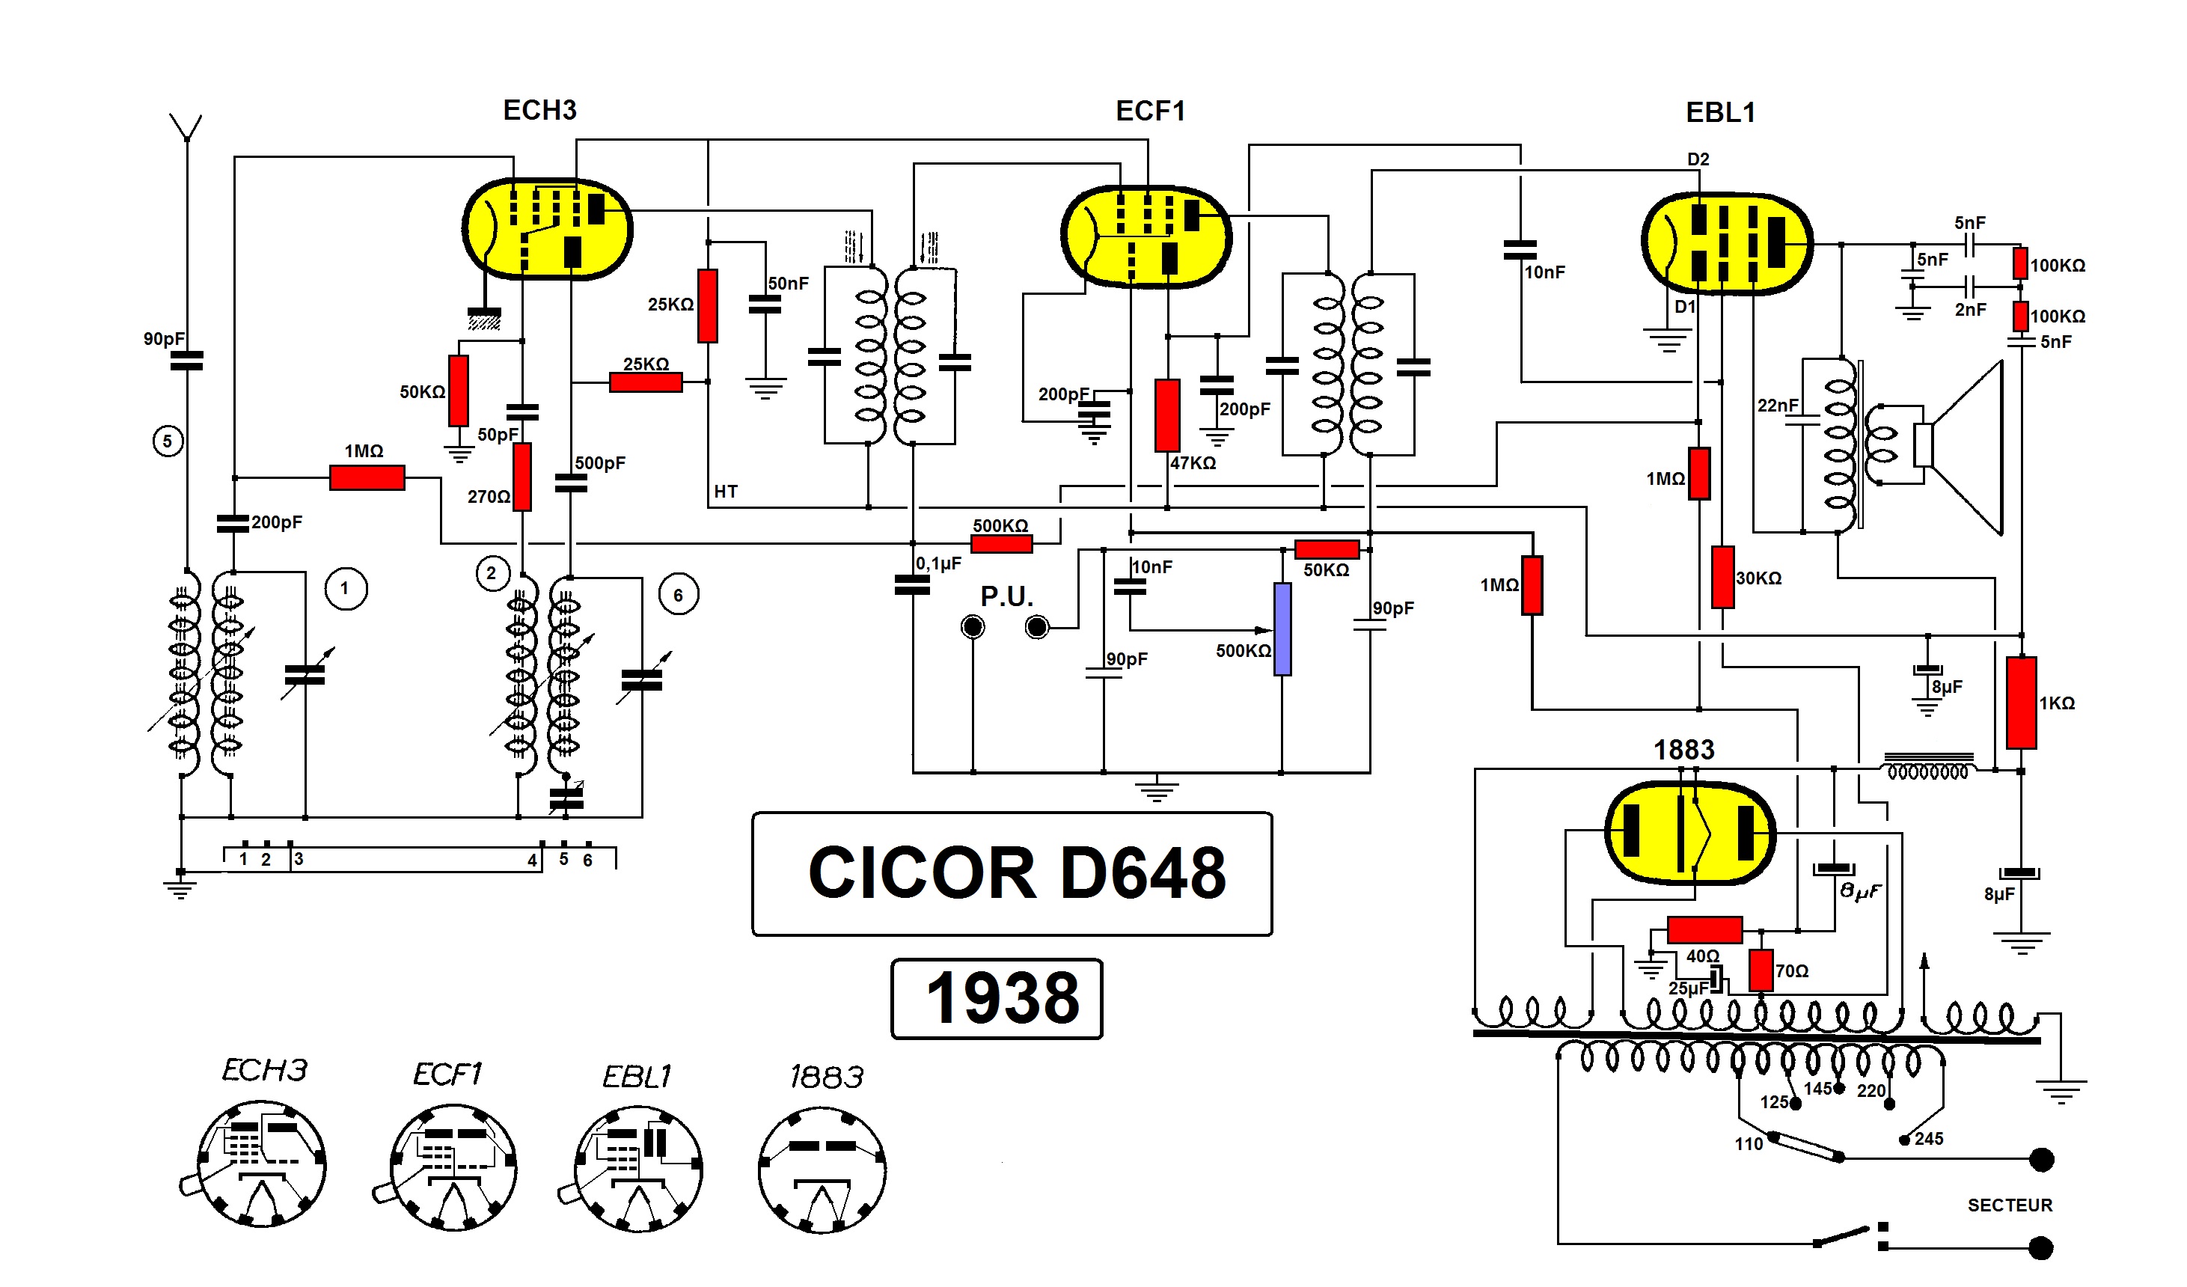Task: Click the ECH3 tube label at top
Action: click(539, 110)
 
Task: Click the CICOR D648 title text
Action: click(1016, 873)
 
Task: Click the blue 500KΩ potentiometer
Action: click(1282, 629)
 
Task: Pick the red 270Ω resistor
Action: click(522, 477)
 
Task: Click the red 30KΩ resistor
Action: click(1722, 577)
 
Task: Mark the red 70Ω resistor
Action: click(1761, 970)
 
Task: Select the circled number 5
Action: click(168, 441)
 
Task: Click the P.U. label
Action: click(1007, 596)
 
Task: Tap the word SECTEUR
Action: click(2010, 1205)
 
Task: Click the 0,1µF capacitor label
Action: click(938, 564)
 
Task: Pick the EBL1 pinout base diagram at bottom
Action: click(639, 1168)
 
